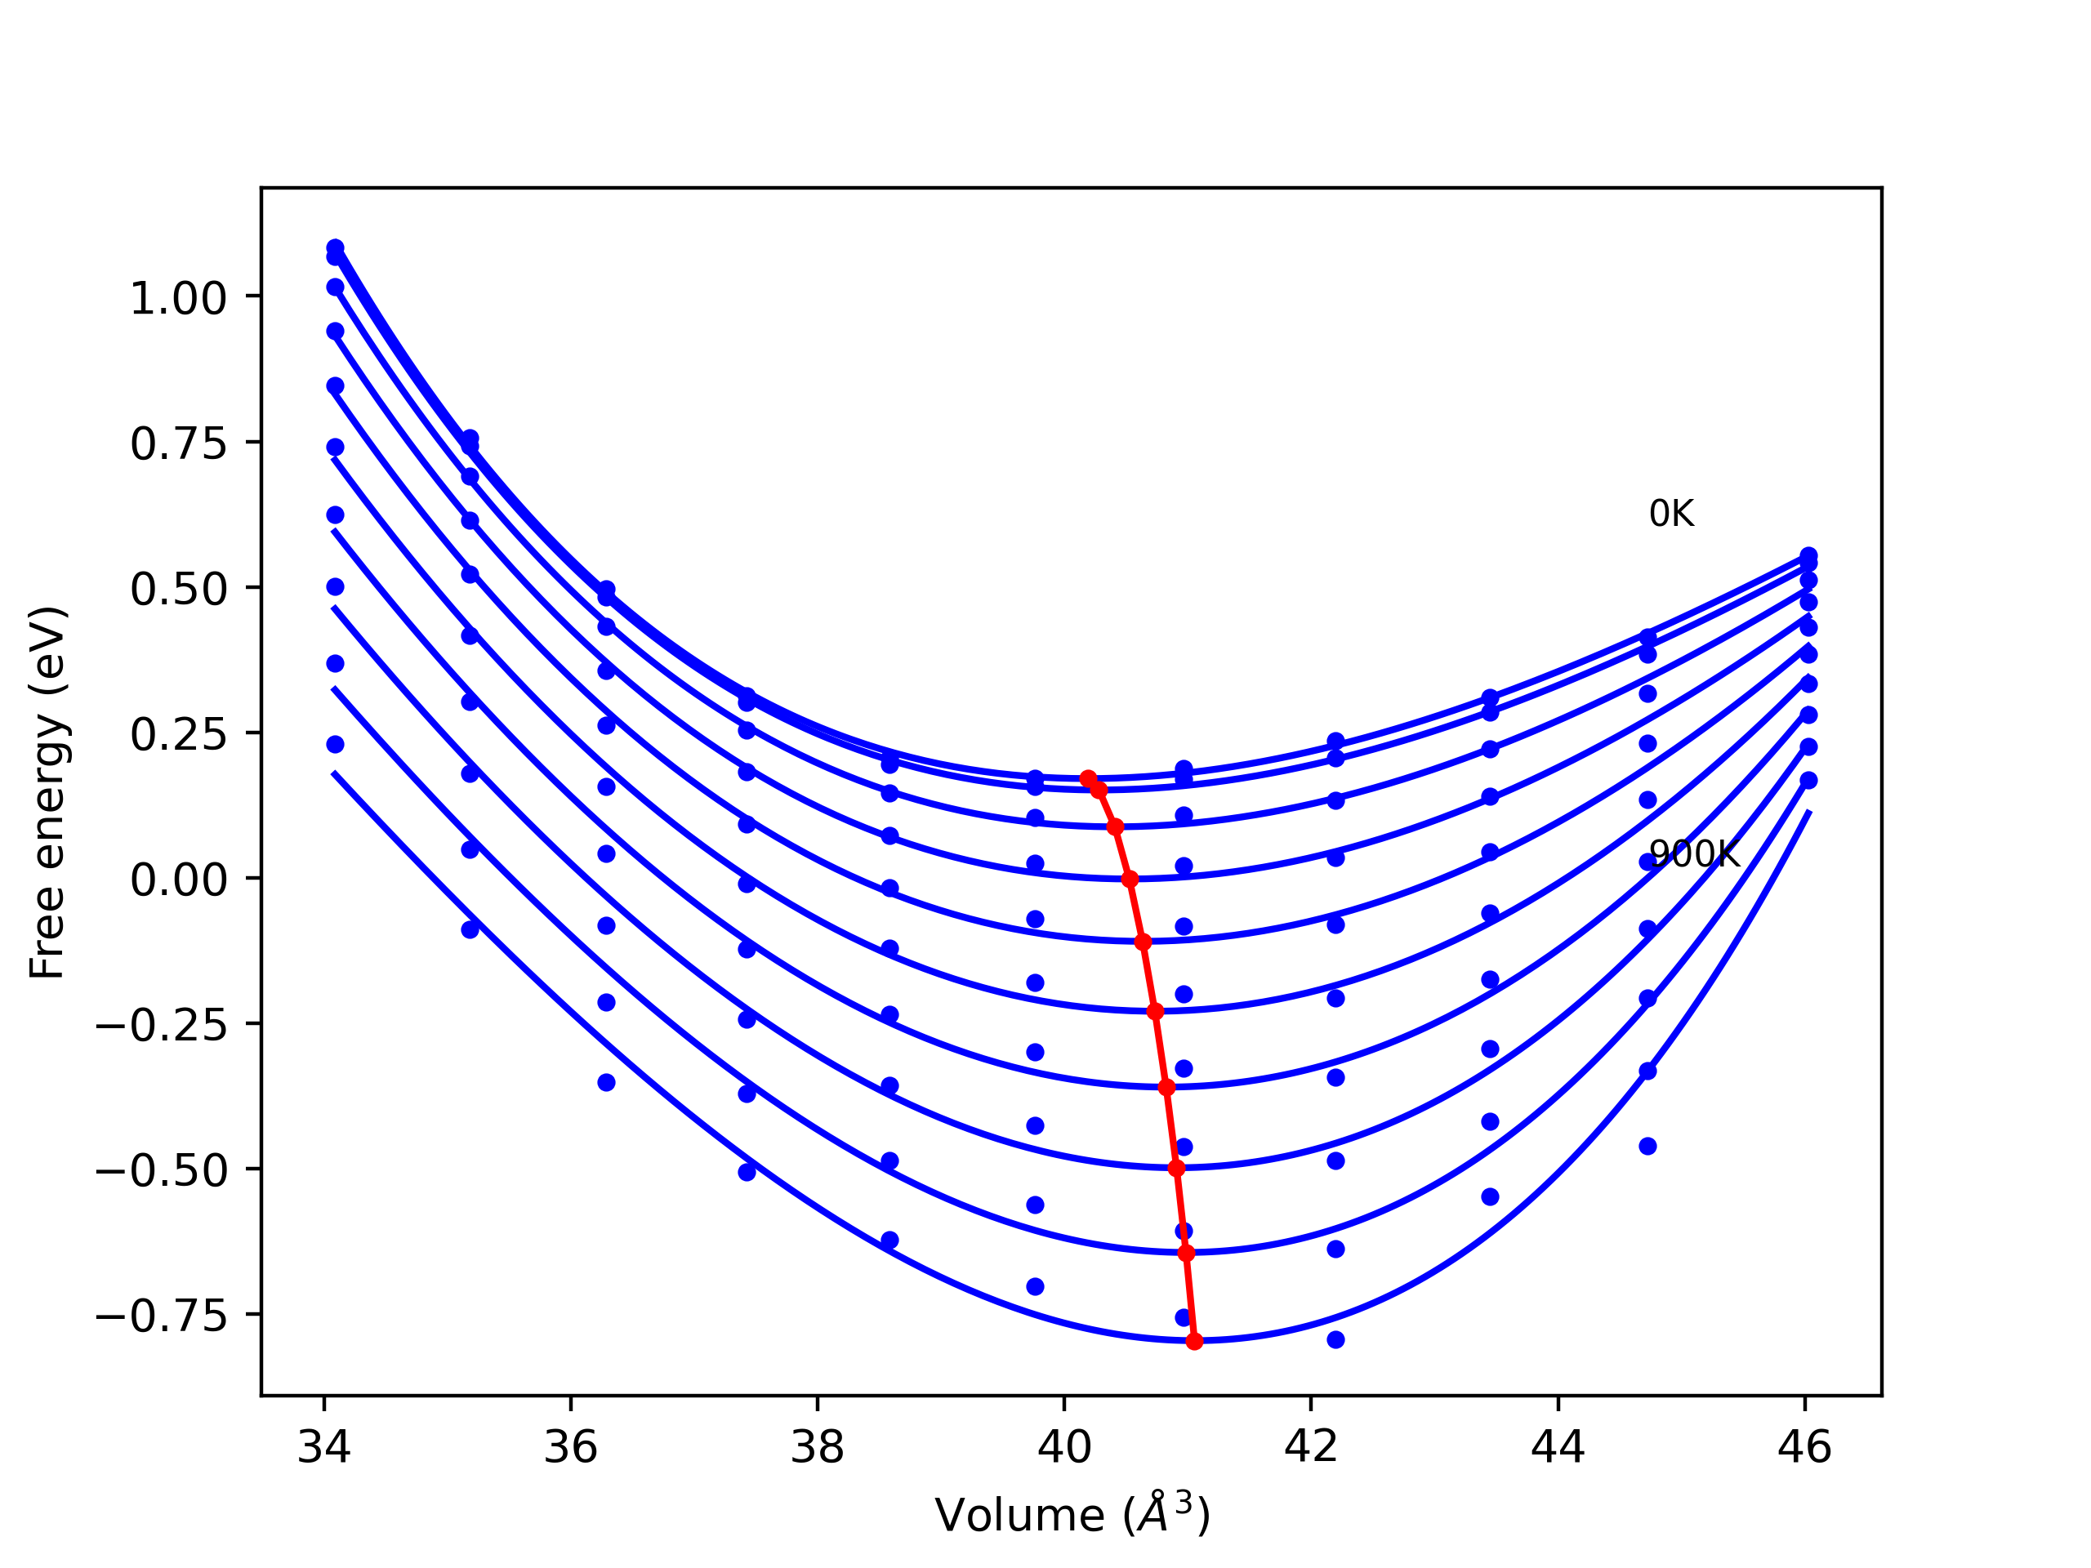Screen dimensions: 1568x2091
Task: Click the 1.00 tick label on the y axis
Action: pyautogui.click(x=178, y=300)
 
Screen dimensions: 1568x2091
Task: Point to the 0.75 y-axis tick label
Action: pyautogui.click(x=178, y=445)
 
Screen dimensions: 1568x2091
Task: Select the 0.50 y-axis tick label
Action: pyautogui.click(x=178, y=590)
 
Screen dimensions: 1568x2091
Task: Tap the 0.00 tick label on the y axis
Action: pyautogui.click(x=178, y=882)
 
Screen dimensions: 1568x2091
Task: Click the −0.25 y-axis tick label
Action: pyautogui.click(x=162, y=1027)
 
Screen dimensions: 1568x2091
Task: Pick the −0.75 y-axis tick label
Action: pyautogui.click(x=162, y=1318)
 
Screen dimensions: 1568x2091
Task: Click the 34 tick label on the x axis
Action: pyautogui.click(x=324, y=1449)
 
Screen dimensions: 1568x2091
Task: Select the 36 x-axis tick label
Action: pyautogui.click(x=571, y=1449)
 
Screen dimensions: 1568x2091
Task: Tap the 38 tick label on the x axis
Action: pyautogui.click(x=818, y=1449)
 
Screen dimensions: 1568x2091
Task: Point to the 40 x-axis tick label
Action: pyautogui.click(x=1064, y=1449)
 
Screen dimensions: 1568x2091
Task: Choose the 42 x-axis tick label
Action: pyautogui.click(x=1311, y=1449)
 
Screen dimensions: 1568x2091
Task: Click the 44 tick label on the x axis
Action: pyautogui.click(x=1558, y=1449)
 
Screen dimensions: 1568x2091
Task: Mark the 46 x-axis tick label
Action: pyautogui.click(x=1804, y=1449)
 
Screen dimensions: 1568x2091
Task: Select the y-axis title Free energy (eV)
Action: pyautogui.click(x=47, y=793)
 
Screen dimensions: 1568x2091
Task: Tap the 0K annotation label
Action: pyautogui.click(x=1671, y=514)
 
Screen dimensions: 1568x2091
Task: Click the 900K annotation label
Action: pyautogui.click(x=1694, y=854)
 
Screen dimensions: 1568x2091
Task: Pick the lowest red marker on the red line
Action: pyautogui.click(x=1194, y=1341)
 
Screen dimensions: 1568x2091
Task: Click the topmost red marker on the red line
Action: pyautogui.click(x=1088, y=777)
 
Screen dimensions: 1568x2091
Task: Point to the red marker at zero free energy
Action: pyautogui.click(x=1130, y=880)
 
